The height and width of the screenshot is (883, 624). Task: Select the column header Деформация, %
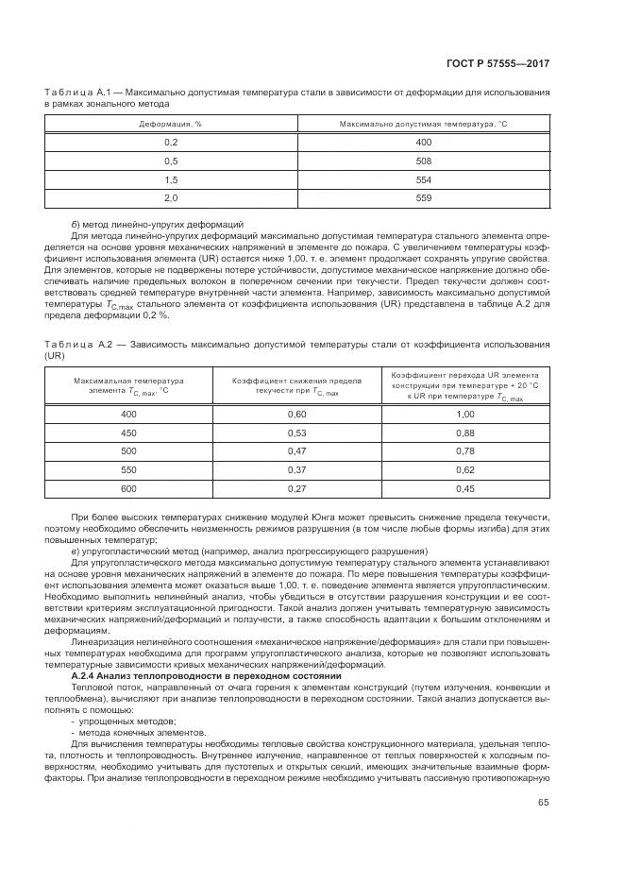[x=171, y=124]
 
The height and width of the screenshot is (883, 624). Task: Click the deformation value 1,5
[x=171, y=179]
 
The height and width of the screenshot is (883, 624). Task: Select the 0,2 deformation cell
[x=171, y=142]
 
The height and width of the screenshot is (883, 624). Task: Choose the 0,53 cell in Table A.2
[x=297, y=433]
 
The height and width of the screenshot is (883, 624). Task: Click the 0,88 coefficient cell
[x=464, y=433]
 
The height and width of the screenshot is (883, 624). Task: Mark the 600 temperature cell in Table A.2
[x=128, y=488]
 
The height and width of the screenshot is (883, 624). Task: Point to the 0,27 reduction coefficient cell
[x=297, y=488]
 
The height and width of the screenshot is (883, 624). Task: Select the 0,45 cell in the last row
[x=464, y=488]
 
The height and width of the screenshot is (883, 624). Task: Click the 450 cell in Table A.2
[x=128, y=433]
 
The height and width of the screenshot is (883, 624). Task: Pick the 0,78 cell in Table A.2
[x=464, y=451]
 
